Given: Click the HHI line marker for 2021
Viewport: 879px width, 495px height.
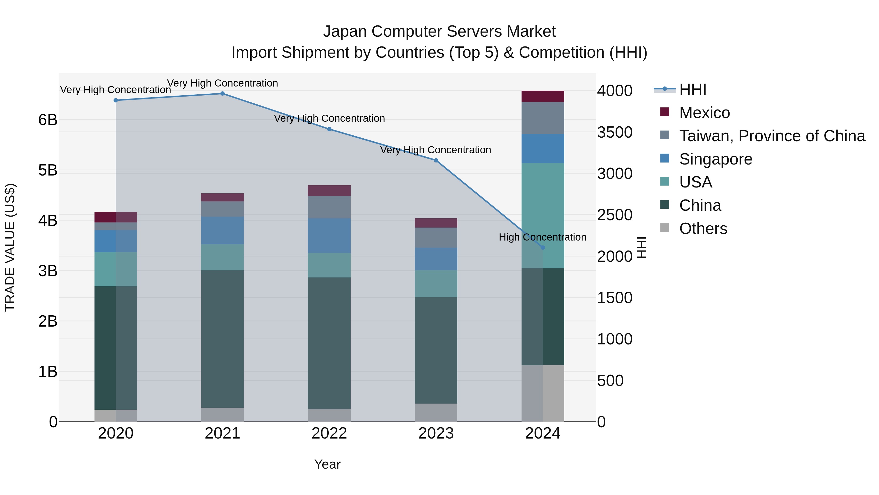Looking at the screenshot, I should (222, 94).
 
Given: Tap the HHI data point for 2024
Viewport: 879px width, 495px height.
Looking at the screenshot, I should (543, 247).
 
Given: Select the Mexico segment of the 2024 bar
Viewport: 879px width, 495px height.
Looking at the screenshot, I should (543, 96).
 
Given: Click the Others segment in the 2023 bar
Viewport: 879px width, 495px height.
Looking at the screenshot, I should (436, 412).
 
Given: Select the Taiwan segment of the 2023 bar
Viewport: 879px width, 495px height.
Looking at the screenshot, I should (436, 237).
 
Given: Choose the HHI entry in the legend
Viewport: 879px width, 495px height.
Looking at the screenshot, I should (692, 89).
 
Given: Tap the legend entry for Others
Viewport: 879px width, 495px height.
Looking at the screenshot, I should (703, 229).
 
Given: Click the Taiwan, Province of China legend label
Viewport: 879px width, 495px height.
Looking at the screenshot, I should (772, 136).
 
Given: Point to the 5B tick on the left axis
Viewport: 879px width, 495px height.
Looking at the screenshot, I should (48, 170).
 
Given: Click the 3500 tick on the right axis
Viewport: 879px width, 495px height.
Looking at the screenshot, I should (615, 132).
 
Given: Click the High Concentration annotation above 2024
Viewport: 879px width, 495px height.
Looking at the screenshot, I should (542, 237).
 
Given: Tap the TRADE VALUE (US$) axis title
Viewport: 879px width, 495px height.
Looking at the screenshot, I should (10, 247).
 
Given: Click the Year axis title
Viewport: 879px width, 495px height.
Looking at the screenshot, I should (327, 464).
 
